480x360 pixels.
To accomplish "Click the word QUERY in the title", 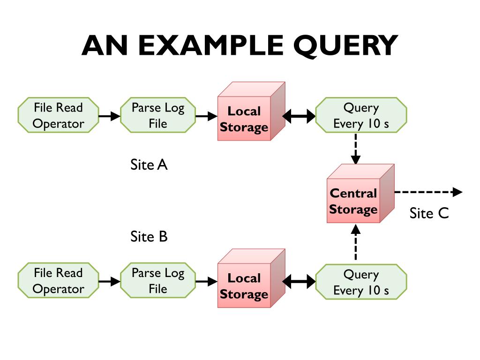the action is point(345,45).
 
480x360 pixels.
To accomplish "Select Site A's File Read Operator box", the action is point(58,115).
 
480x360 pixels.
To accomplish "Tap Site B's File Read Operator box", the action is point(58,280).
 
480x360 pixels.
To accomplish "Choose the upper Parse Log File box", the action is point(158,115).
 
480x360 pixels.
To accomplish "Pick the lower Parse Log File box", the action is point(158,280).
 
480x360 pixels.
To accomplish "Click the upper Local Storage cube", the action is point(251,112).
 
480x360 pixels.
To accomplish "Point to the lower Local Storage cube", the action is point(251,278).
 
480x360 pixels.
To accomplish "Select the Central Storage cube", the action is point(360,194).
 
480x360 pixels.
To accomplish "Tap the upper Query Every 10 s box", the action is point(361,115).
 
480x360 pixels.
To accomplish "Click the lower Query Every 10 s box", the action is point(361,282).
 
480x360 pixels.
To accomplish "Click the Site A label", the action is point(149,165).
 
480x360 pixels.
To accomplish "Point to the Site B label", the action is point(149,237).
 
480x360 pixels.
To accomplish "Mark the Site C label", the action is point(429,213).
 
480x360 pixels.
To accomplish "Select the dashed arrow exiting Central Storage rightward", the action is point(428,192).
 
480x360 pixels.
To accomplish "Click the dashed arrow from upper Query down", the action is point(355,149).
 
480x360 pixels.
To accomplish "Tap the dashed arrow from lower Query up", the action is point(355,242).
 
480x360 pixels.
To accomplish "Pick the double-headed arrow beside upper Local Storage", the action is point(299,116).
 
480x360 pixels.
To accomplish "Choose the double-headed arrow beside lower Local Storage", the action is point(299,281).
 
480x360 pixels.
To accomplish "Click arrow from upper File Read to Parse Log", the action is point(110,116).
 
